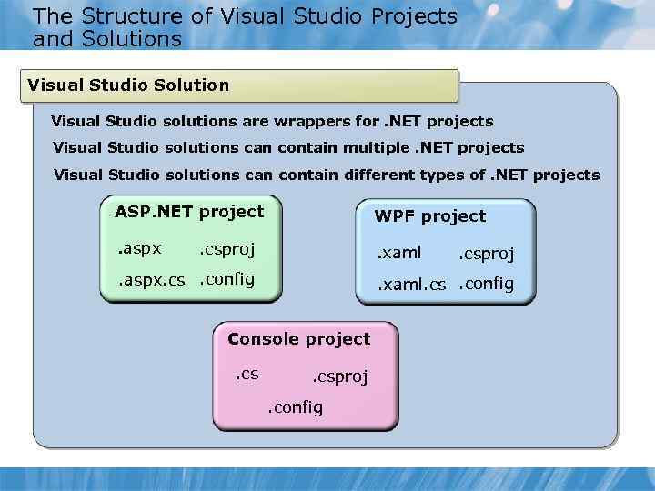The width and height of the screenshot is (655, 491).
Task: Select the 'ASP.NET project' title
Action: (189, 212)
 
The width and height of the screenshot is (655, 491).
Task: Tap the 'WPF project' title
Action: (430, 216)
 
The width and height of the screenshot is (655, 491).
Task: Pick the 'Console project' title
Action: (299, 339)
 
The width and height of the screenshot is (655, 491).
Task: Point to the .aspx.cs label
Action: (152, 280)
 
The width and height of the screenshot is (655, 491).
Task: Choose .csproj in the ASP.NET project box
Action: (227, 249)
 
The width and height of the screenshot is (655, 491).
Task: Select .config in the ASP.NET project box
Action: (227, 279)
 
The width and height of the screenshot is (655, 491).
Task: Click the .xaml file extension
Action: (400, 253)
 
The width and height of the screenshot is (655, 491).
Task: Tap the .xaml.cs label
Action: (412, 285)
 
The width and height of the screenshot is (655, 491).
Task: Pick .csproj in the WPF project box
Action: (486, 255)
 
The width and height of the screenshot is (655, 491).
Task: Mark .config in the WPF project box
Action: (486, 284)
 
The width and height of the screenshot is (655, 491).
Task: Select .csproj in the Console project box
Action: (340, 376)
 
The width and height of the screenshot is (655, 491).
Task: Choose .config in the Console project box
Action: (295, 407)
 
